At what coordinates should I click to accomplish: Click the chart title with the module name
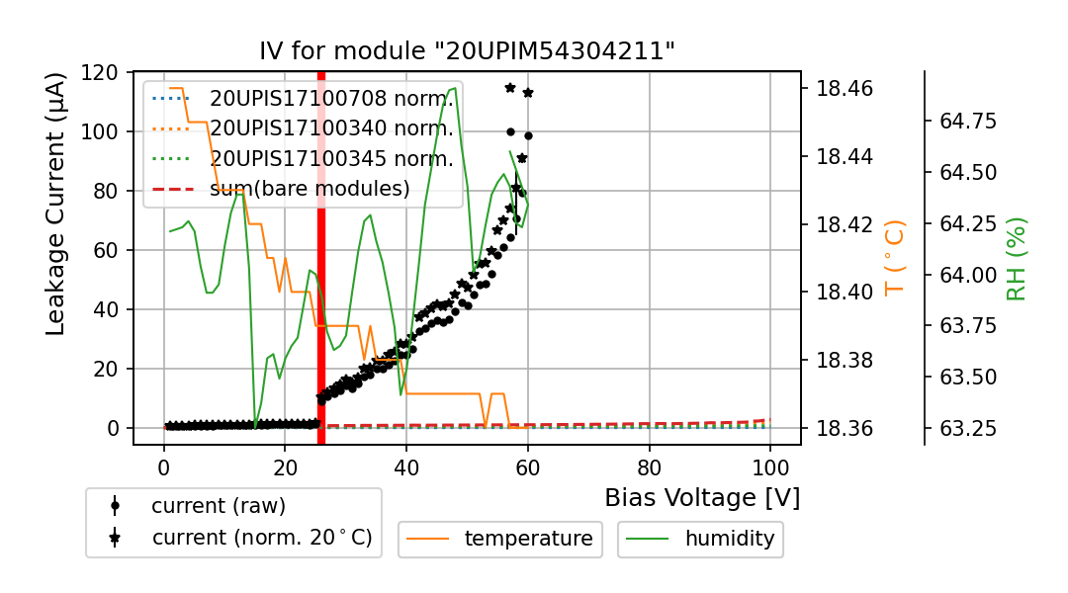pyautogui.click(x=467, y=51)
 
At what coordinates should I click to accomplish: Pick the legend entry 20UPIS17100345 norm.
pyautogui.click(x=331, y=158)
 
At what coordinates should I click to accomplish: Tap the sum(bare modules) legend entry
pyautogui.click(x=310, y=188)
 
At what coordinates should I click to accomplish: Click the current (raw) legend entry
pyautogui.click(x=218, y=506)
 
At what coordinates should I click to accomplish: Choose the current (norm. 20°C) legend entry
pyautogui.click(x=261, y=538)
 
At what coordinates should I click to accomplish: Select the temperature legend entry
pyautogui.click(x=528, y=539)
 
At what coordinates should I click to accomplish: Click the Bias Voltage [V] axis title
pyautogui.click(x=702, y=498)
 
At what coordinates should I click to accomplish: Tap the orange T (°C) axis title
pyautogui.click(x=895, y=258)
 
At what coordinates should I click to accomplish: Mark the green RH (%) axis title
pyautogui.click(x=1016, y=258)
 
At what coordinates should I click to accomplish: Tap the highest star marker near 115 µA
pyautogui.click(x=510, y=87)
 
